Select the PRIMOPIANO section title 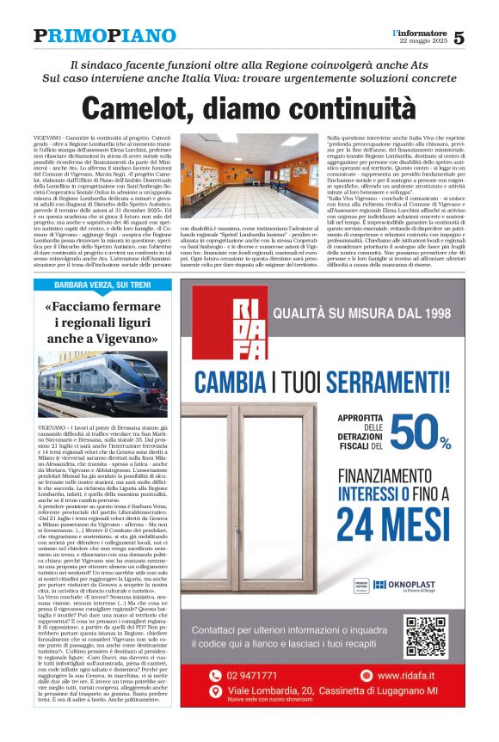[x=105, y=36]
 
